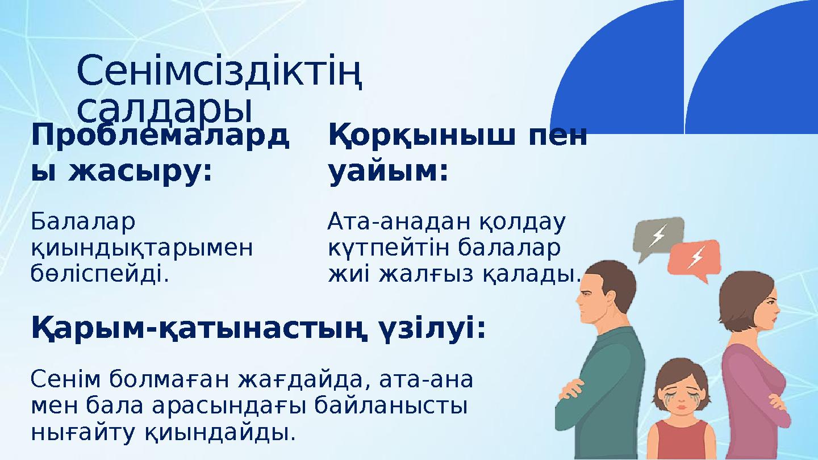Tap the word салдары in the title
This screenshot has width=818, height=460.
tap(164, 109)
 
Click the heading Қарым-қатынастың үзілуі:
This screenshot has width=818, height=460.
tap(259, 329)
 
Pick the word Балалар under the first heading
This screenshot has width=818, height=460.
tap(84, 222)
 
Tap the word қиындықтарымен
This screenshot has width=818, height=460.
tap(142, 248)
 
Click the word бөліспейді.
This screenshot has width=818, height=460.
tap(100, 274)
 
